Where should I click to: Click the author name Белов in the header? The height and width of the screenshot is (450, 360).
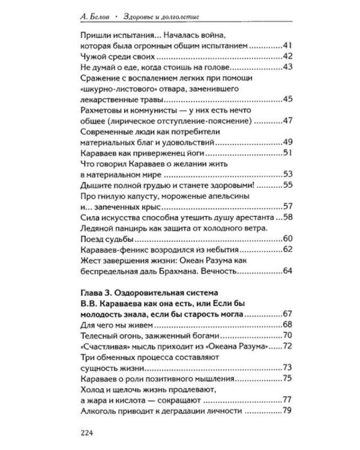pos(100,17)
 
